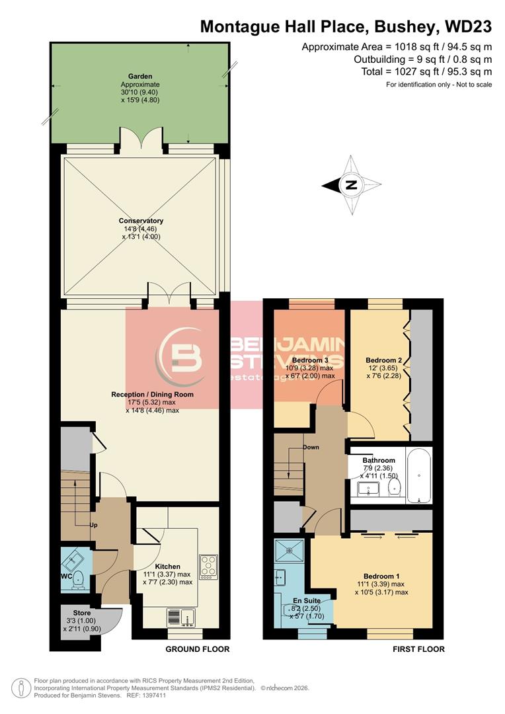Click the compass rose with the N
point(352,184)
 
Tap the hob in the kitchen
point(208,567)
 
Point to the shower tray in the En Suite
point(291,551)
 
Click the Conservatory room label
point(141,221)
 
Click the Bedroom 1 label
point(381,576)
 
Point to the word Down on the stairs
point(311,447)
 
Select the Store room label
point(82,613)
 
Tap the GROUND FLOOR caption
point(198,649)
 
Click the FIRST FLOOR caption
point(418,649)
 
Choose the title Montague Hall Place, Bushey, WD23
point(346,26)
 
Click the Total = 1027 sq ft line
point(426,71)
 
